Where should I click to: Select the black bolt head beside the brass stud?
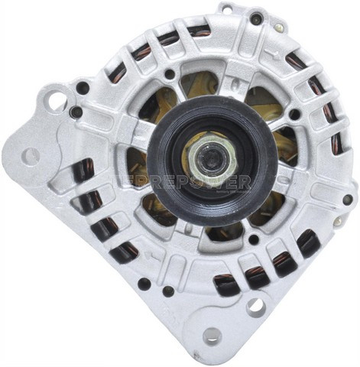[256, 18]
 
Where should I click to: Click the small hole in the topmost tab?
[227, 8]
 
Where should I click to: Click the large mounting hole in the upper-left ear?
[56, 99]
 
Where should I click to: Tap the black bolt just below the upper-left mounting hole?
[76, 112]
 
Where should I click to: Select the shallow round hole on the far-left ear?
[31, 156]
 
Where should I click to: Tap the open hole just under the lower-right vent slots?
[255, 307]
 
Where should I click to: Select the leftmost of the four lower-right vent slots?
[226, 284]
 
